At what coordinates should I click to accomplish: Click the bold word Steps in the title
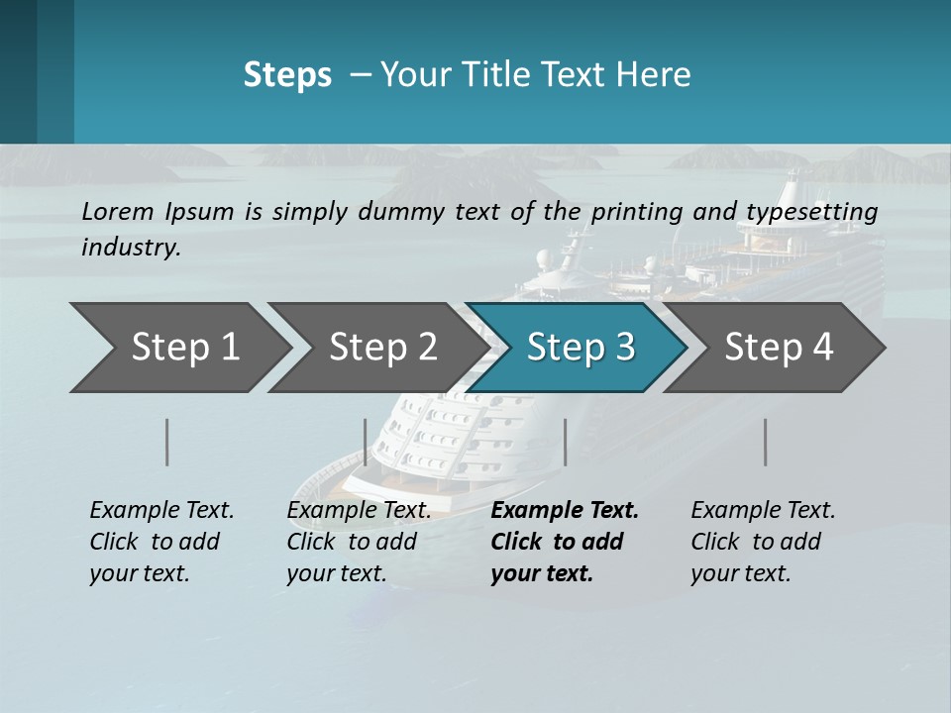point(287,75)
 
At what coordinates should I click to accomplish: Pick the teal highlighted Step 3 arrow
point(580,347)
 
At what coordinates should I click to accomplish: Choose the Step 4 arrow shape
point(778,347)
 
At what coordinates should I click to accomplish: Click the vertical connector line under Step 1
point(167,442)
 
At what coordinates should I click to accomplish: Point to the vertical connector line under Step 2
point(366,442)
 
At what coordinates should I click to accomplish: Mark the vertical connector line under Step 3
point(565,442)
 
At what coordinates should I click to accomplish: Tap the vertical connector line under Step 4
point(766,442)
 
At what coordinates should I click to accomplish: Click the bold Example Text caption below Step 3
point(565,541)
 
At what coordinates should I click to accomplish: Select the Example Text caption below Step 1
point(161,541)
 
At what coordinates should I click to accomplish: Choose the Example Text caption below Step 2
point(359,541)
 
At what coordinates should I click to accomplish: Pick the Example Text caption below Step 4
point(763,541)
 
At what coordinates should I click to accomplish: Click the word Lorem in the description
point(118,211)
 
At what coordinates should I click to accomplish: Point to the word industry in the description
point(130,248)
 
